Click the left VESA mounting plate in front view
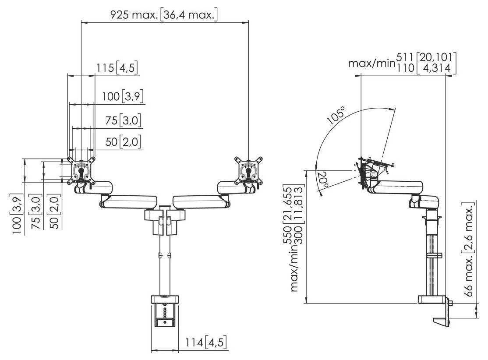click(81, 170)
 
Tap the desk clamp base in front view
click(165, 300)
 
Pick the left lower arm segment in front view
click(129, 202)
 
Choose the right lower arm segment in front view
click(201, 202)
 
